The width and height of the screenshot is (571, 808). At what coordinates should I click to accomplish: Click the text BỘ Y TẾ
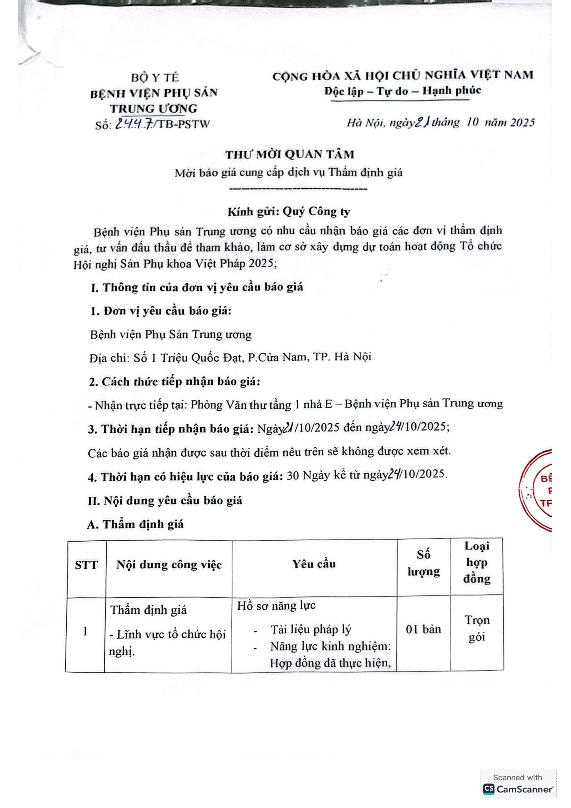[155, 77]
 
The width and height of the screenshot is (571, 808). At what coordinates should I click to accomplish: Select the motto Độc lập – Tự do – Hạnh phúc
[402, 91]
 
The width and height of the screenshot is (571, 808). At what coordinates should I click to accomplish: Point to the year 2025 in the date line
[522, 123]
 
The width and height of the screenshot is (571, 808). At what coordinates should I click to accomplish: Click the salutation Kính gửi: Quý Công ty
[288, 211]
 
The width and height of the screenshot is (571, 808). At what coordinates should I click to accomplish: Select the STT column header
[86, 565]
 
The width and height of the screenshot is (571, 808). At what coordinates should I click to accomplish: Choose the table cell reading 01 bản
[423, 629]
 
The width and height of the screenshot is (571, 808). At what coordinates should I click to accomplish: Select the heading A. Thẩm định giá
[135, 524]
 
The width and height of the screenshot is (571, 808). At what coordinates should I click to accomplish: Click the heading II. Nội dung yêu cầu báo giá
[165, 501]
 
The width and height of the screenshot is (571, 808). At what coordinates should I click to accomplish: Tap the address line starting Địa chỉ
[230, 358]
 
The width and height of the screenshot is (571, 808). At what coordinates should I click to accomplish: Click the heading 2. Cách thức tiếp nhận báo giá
[174, 382]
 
